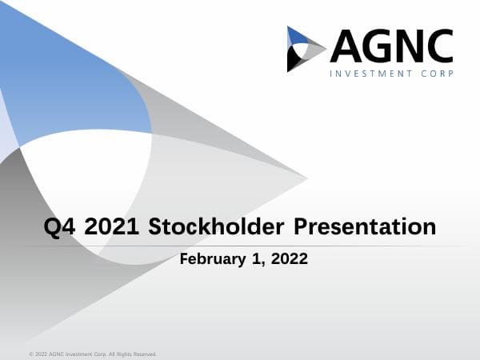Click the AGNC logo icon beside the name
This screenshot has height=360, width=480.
pyautogui.click(x=306, y=49)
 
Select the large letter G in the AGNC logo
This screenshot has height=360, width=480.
pyautogui.click(x=380, y=46)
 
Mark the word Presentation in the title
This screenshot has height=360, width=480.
pyautogui.click(x=365, y=226)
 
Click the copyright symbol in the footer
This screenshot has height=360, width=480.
pyautogui.click(x=30, y=354)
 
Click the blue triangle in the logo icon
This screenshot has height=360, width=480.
pyautogui.click(x=297, y=36)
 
